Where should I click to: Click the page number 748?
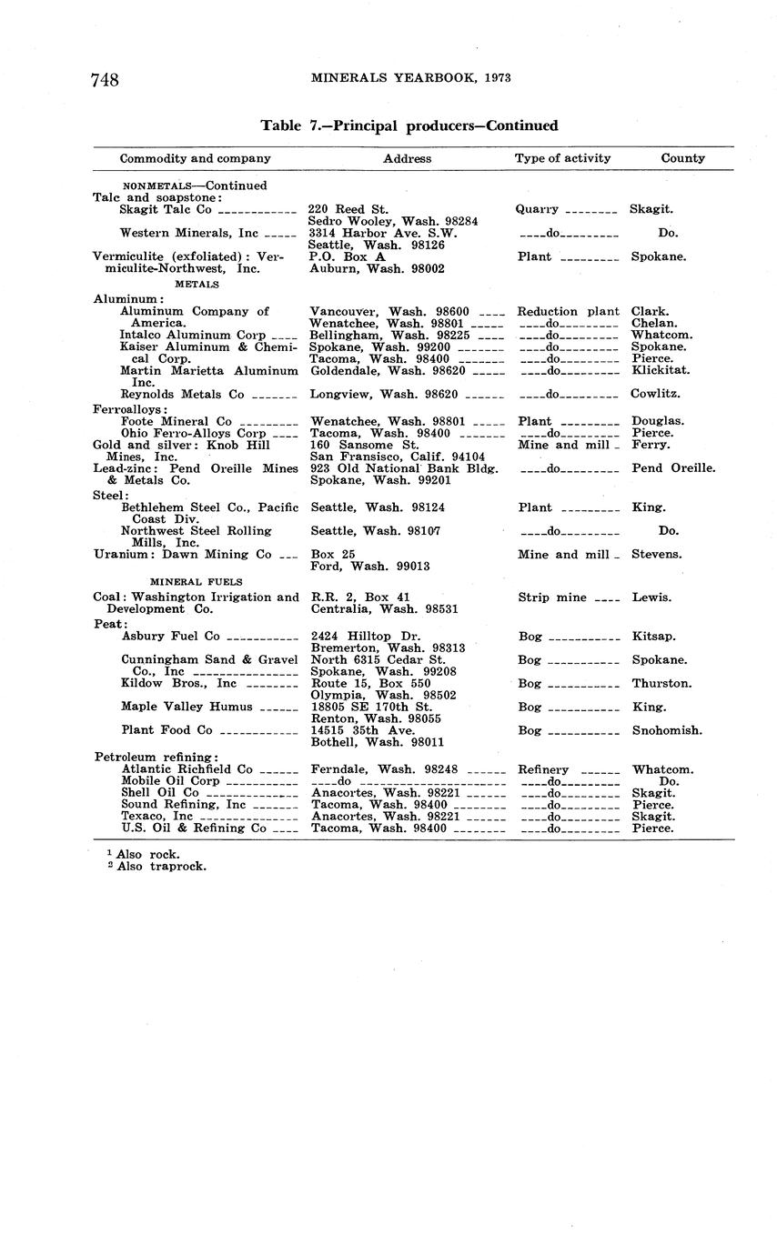coord(105,80)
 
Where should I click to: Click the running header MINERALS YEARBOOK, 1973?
coord(410,78)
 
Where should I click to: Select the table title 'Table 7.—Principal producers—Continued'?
coord(409,125)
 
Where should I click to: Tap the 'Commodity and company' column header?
coord(196,158)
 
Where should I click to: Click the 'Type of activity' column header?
coord(562,158)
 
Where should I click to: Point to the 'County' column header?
coord(682,158)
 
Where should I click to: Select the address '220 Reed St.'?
coord(348,209)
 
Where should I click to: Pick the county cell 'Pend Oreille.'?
coord(673,468)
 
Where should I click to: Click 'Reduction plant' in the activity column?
coord(569,312)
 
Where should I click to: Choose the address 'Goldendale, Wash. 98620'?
coord(388,371)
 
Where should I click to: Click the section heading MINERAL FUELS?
coord(196,579)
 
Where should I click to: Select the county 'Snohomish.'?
coord(667,730)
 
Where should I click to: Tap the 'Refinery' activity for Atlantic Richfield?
coord(543,769)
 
